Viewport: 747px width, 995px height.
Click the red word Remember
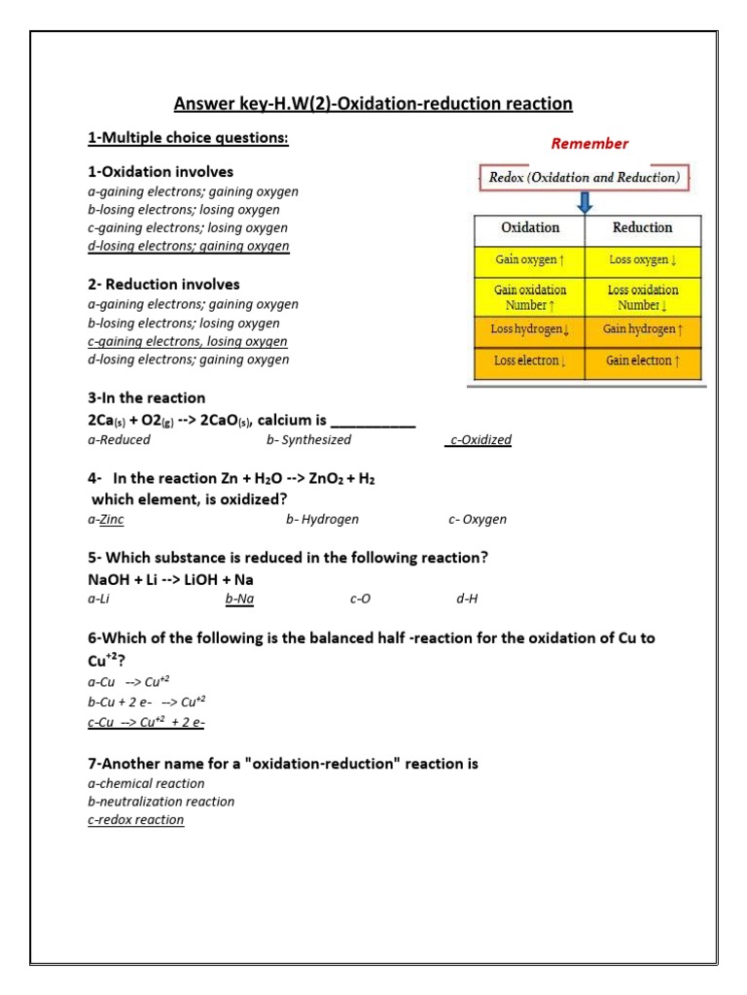589,144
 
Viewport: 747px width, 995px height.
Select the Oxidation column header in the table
529,227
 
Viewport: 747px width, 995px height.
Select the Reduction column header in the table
642,227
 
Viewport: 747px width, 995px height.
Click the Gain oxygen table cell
529,259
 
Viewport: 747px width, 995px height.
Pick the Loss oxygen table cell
642,259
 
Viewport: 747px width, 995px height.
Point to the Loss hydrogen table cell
529,329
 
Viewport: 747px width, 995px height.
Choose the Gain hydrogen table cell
642,329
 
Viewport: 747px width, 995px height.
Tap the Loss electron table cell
529,360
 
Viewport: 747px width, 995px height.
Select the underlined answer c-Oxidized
479,440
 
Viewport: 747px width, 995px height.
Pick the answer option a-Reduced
119,440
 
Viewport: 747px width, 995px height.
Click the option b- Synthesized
308,440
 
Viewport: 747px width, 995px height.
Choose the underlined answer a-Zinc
106,520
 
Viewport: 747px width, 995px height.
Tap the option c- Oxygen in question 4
477,520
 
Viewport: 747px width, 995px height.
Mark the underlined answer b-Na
239,600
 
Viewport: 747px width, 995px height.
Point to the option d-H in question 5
467,600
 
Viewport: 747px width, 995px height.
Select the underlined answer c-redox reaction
135,820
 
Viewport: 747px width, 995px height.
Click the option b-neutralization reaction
160,802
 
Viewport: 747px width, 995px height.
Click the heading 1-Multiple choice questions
188,138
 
